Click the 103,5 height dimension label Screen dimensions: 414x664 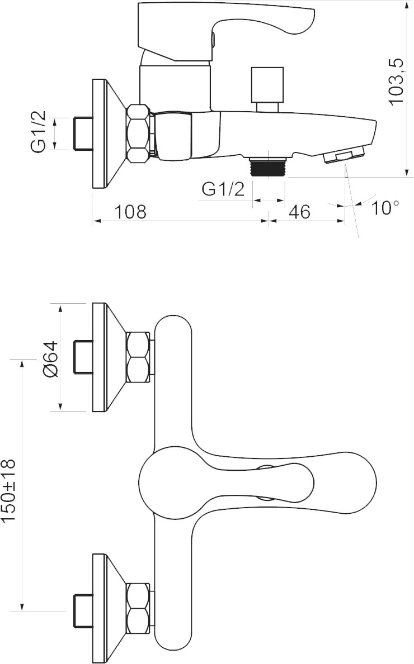(395, 83)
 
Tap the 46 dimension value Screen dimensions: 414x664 (300, 212)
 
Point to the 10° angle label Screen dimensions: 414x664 (384, 208)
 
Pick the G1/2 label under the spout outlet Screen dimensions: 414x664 (223, 189)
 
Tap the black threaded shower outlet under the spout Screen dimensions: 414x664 (269, 166)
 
